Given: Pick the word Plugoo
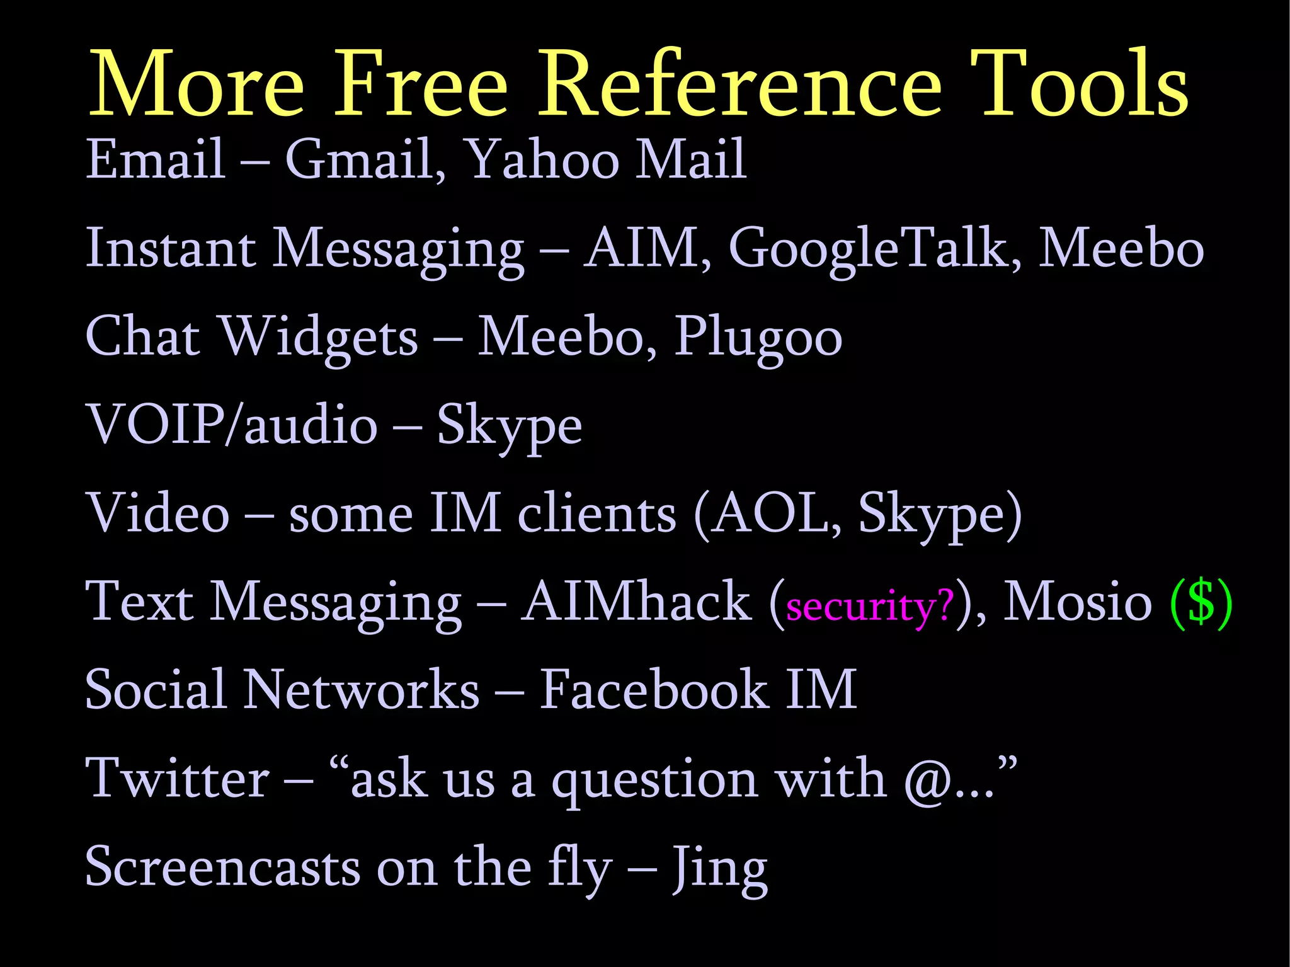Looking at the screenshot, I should [x=758, y=338].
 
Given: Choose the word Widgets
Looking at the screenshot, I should [x=318, y=338].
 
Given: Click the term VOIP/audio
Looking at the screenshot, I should [x=231, y=425].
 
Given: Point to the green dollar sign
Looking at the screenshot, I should [x=1201, y=602].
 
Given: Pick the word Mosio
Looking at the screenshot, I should [x=1078, y=602].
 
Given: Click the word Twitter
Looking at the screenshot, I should [x=178, y=779].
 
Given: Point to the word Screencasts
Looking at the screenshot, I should [x=223, y=867].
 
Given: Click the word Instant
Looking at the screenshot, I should [x=170, y=249].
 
